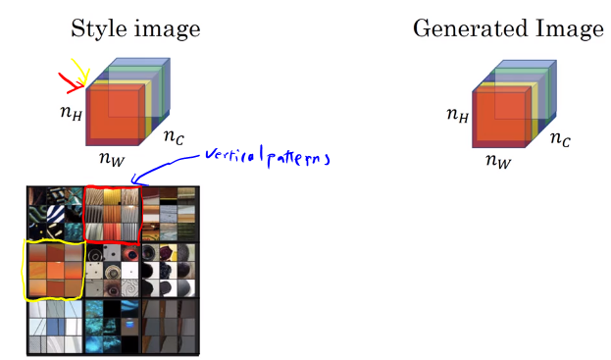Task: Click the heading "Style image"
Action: [135, 28]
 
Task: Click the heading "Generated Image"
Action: [507, 28]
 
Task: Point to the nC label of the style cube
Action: [173, 137]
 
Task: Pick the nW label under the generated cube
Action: [498, 160]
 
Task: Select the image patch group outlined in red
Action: [113, 213]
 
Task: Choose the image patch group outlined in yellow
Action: [54, 270]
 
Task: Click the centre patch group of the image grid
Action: [113, 270]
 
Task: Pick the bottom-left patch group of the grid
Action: [54, 326]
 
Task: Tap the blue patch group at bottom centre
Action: [113, 326]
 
